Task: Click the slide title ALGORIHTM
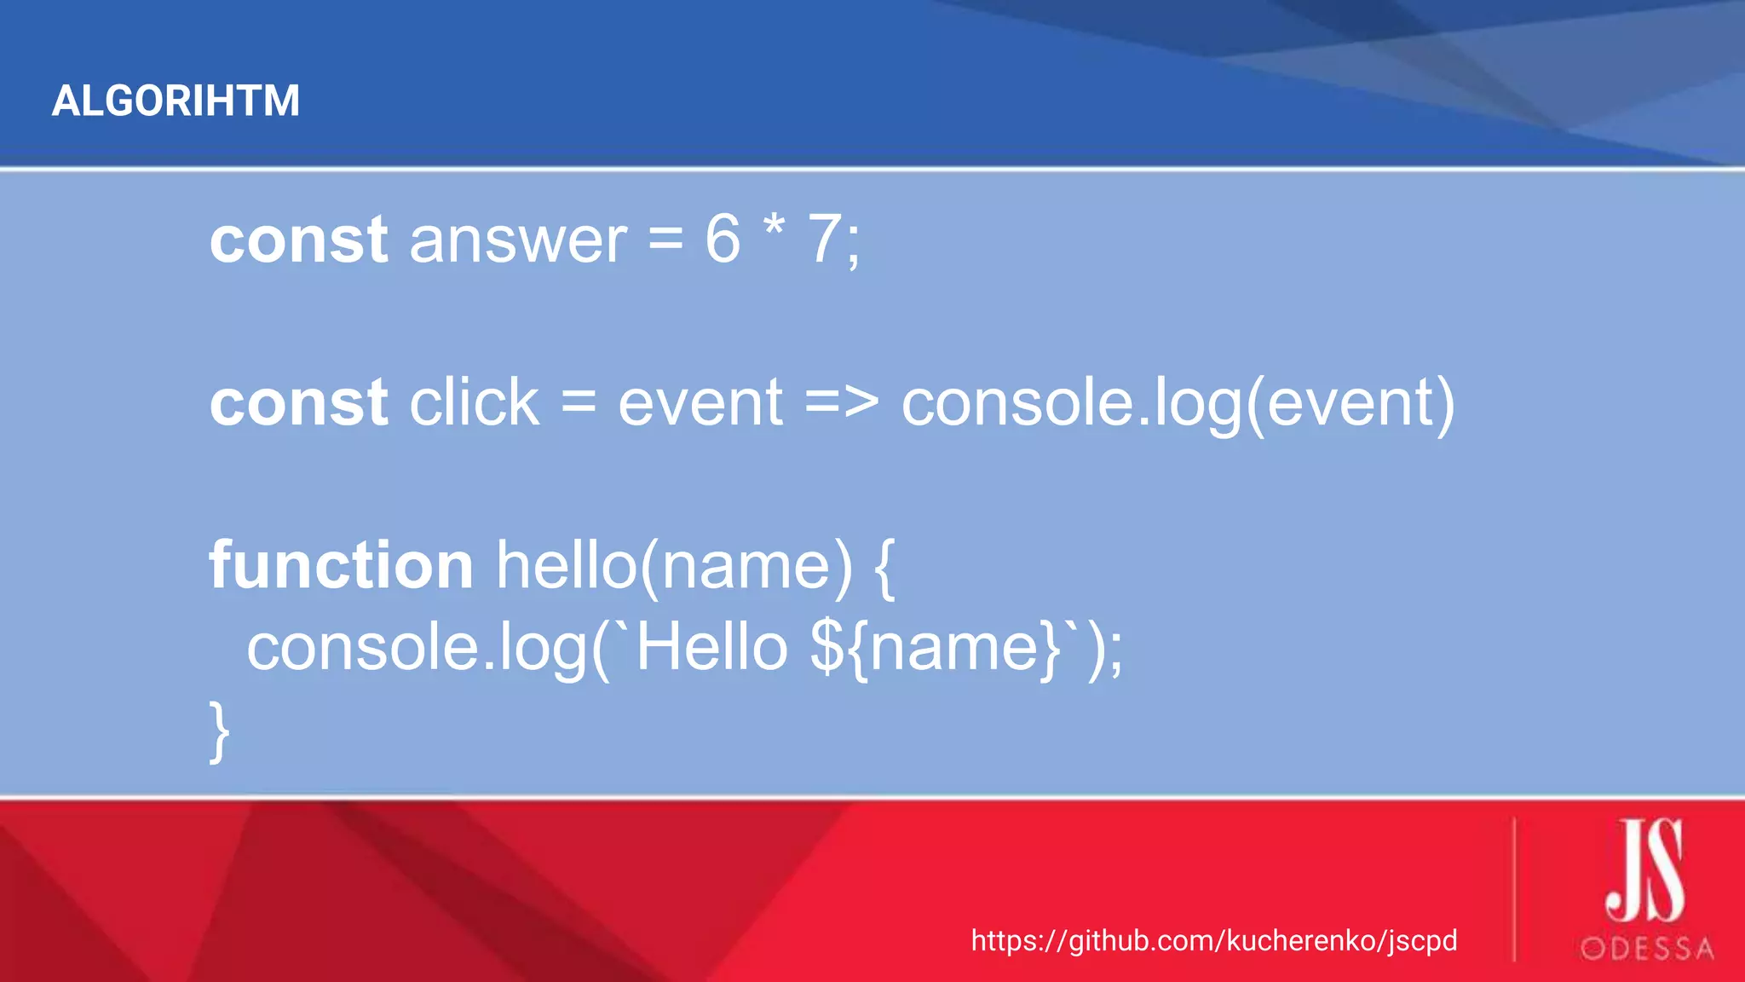pyautogui.click(x=176, y=101)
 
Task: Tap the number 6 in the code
pyautogui.click(x=723, y=240)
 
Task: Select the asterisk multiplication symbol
pyautogui.click(x=774, y=228)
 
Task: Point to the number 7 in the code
pyautogui.click(x=825, y=240)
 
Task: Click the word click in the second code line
pyautogui.click(x=474, y=402)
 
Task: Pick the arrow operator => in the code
pyautogui.click(x=842, y=402)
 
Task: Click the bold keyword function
pyautogui.click(x=341, y=565)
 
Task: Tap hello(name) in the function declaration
pyautogui.click(x=674, y=567)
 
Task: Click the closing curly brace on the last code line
pyautogui.click(x=220, y=731)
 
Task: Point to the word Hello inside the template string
pyautogui.click(x=712, y=647)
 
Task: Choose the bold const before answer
pyautogui.click(x=299, y=240)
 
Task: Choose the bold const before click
pyautogui.click(x=299, y=402)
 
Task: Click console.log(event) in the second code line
pyautogui.click(x=1178, y=404)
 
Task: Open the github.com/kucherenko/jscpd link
pyautogui.click(x=1214, y=940)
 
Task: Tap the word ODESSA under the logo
pyautogui.click(x=1647, y=949)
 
